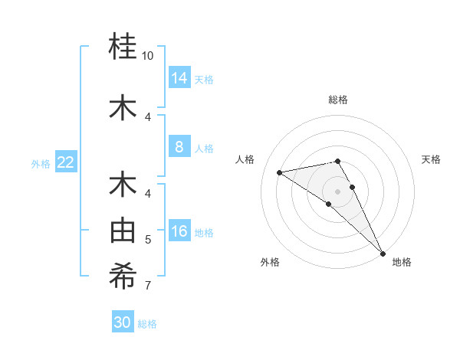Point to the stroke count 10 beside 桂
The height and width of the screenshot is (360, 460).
pos(148,56)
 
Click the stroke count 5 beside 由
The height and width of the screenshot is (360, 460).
pos(148,240)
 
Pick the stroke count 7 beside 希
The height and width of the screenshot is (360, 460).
pos(148,286)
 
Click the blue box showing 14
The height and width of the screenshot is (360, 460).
pos(179,78)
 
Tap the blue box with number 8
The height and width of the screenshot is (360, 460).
pos(179,148)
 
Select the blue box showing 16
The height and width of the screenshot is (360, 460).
pos(179,232)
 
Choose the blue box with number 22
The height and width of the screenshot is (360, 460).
pos(66,162)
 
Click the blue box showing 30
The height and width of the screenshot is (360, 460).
pos(123,322)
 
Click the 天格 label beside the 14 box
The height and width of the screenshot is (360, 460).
pos(204,80)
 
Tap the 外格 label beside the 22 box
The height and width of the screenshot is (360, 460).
pos(41,163)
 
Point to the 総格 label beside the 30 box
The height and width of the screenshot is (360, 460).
pos(147,324)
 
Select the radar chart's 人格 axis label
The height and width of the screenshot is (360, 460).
pos(245,159)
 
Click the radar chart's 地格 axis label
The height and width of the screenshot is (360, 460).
pos(402,262)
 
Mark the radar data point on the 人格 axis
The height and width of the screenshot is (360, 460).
pos(279,172)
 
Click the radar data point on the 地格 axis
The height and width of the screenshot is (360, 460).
pos(383,254)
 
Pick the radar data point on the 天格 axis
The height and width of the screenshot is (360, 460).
pos(353,187)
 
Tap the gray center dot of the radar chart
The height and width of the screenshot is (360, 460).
pos(337,191)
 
